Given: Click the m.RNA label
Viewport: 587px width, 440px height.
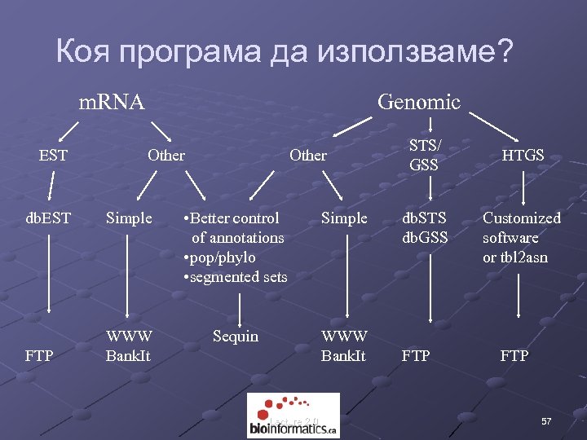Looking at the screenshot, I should tap(111, 102).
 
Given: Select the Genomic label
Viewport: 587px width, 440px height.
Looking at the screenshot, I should tap(418, 102).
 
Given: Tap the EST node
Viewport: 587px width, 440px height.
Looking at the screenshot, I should tap(54, 155).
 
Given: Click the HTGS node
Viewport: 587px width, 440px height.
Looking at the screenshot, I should tap(523, 155).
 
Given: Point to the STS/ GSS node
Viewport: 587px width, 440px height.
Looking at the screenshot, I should tap(424, 155).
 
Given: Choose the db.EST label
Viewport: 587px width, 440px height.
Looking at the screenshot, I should tap(48, 218).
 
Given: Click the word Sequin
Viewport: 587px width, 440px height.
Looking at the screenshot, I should tap(235, 336).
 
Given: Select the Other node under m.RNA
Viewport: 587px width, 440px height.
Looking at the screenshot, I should tap(166, 155).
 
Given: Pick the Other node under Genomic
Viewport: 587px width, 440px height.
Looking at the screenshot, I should tap(308, 155).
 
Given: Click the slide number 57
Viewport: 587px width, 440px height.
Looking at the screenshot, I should tap(546, 421).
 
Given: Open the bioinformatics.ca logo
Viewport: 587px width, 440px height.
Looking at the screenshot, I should tap(293, 415).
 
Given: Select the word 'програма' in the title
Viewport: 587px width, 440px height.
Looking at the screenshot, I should tap(189, 53).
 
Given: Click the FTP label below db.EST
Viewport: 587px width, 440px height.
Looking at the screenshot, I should tap(40, 355).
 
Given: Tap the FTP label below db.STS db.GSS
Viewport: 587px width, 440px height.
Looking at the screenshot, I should tap(416, 355).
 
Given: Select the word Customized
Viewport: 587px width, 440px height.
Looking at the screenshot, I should tap(522, 218).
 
